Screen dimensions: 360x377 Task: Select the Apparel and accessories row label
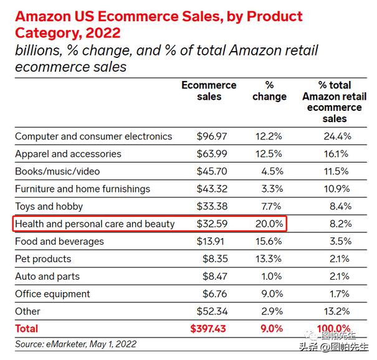pos(68,154)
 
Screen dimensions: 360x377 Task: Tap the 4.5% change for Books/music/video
pos(269,171)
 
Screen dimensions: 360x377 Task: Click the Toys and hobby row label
pos(49,206)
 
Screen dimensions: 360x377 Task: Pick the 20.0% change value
pos(269,224)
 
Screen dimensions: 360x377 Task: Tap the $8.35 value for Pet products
pos(218,258)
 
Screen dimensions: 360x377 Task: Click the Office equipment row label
pos(52,293)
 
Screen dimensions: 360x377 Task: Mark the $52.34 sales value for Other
pos(215,311)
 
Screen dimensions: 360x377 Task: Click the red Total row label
pos(26,328)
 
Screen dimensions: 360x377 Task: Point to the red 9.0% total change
pos(269,328)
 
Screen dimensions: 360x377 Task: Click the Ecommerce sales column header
pos(209,91)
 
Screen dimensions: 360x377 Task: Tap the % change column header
pos(269,91)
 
